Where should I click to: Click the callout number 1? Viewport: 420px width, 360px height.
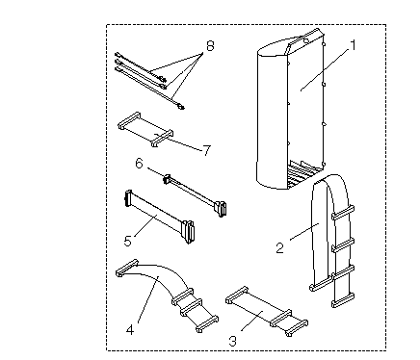pos(353,45)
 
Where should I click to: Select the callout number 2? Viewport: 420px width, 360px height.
pos(280,248)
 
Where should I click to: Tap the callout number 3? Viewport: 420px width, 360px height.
pos(233,341)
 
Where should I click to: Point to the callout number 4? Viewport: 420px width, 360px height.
pos(130,330)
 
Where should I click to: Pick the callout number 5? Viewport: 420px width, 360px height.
pos(127,241)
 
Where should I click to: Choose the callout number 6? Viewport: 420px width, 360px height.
pos(139,164)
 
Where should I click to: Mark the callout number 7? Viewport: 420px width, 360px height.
pos(207,150)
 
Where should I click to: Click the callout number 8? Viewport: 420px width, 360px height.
pos(210,45)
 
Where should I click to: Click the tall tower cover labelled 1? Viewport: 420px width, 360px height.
pos(291,109)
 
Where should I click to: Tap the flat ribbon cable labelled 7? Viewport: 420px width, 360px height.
pos(146,130)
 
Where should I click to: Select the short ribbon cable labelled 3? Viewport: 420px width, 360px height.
pos(267,311)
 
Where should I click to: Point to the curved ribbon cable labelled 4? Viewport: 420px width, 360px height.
pos(167,295)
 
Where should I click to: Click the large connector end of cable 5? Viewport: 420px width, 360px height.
pos(188,230)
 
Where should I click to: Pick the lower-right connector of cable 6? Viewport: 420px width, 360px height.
pos(221,208)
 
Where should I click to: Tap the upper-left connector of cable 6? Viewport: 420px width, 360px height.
pos(167,179)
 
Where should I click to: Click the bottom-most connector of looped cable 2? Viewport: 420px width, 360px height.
pos(343,300)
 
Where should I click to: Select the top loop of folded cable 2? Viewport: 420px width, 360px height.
pos(330,181)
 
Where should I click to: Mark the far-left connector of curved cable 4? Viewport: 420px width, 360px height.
pos(127,268)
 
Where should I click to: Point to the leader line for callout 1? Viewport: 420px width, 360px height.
pos(326,69)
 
